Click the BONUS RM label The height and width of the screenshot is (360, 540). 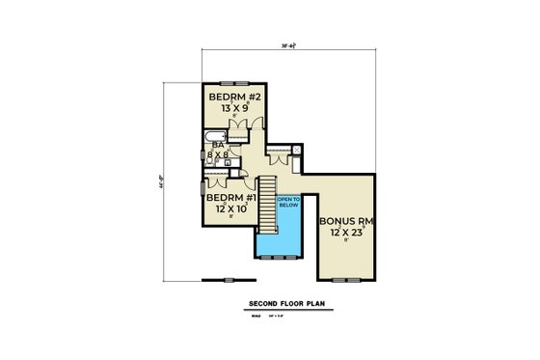tap(345, 221)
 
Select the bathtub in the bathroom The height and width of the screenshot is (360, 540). tap(211, 146)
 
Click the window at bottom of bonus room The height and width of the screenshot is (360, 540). tap(344, 279)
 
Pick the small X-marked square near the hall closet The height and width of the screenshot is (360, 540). tap(298, 149)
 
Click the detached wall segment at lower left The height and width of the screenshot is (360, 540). tap(220, 280)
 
